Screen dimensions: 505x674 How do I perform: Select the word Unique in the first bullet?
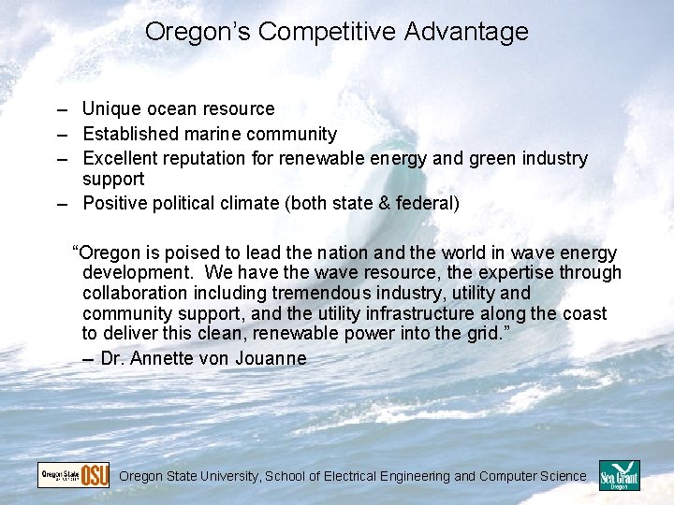tap(110, 109)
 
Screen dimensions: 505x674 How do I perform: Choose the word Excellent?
tap(120, 159)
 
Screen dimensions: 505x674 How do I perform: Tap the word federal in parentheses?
tap(427, 203)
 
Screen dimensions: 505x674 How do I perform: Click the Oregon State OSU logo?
tap(73, 475)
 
